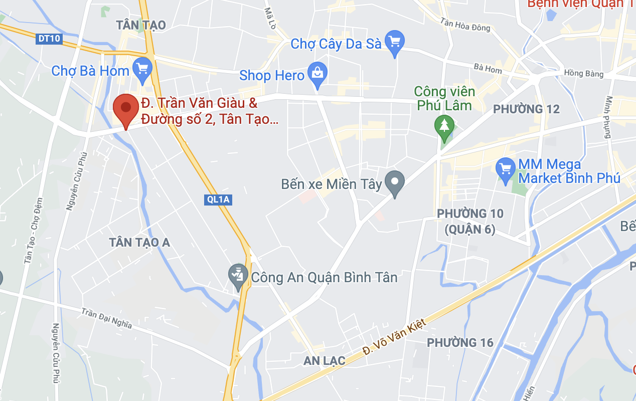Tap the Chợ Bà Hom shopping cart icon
point(142,68)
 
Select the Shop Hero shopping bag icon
point(317,74)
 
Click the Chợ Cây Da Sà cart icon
point(394,42)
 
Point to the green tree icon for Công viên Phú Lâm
point(444,125)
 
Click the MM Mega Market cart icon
point(505,168)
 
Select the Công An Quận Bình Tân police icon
point(238,276)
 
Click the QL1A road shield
point(218,199)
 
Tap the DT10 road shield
point(49,38)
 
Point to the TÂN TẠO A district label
point(139,243)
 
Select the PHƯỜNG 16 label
point(460,343)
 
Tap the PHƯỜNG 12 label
point(526,109)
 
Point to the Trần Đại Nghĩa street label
point(107,318)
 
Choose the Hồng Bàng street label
point(583,73)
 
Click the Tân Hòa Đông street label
point(465,25)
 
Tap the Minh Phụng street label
point(608,117)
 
